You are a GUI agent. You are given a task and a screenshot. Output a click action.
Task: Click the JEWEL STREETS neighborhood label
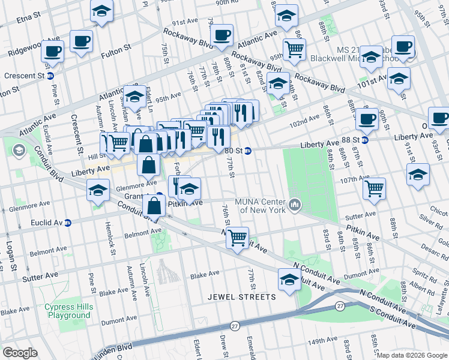pos(242,297)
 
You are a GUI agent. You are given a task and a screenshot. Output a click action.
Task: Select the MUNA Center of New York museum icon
pos(294,205)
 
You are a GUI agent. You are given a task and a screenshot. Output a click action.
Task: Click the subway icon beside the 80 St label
pos(247,151)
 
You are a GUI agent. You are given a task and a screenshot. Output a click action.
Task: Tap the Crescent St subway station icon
pos(51,76)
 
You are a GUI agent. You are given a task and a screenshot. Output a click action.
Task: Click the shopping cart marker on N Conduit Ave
pos(238,237)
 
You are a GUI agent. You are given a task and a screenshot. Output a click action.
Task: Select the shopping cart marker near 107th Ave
pos(375,188)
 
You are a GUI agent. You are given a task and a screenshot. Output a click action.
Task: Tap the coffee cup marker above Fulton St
pos(81,41)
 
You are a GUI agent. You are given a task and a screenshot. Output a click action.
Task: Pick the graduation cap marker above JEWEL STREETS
pos(289,279)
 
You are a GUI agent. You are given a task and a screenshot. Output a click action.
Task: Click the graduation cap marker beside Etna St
pos(101,10)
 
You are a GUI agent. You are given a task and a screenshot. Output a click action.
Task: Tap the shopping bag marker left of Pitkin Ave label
pos(154,205)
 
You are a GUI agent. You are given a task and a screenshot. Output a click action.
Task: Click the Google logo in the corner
pos(20,353)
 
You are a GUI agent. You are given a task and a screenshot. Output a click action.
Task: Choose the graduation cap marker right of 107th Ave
pos(418,175)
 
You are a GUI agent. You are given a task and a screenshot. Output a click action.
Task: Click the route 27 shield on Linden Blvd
pos(235,325)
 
